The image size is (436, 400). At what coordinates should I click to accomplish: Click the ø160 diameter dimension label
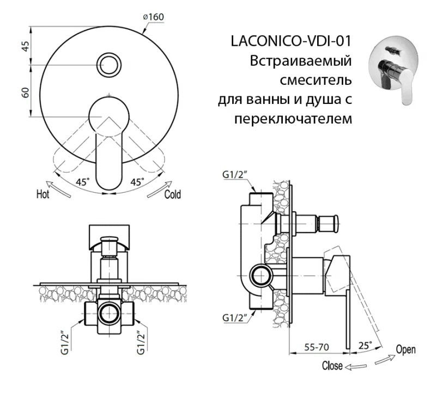tap(153, 17)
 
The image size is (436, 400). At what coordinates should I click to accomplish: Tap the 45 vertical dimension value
tap(25, 45)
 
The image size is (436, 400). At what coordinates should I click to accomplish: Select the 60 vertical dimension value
tap(25, 91)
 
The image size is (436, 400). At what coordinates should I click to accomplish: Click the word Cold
tap(172, 194)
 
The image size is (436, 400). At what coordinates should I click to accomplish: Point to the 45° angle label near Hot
tap(83, 181)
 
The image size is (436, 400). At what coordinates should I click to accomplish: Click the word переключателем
tap(292, 118)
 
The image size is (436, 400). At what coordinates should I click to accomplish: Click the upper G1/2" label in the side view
tap(235, 175)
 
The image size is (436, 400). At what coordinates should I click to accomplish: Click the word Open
tap(405, 349)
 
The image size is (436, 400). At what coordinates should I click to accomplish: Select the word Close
tap(332, 365)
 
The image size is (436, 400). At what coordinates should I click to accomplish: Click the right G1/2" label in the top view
tap(142, 343)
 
